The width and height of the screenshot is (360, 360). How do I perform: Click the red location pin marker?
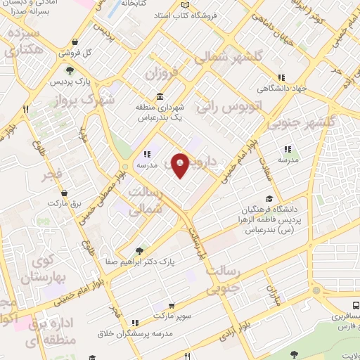pos(181,165)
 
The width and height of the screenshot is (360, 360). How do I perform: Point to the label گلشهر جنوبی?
pos(311,115)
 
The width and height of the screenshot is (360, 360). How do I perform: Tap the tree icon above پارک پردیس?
pos(70,70)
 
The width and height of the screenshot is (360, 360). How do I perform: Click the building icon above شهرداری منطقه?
pos(161,97)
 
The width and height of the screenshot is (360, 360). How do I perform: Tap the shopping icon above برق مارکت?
pos(65,191)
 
